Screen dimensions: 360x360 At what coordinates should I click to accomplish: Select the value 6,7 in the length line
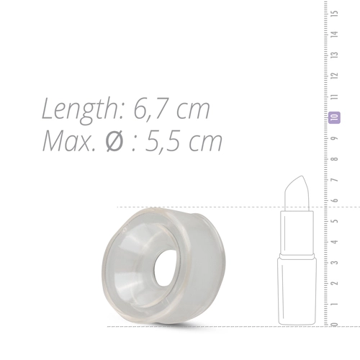click(156, 109)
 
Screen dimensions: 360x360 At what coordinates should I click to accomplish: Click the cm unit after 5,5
click(205, 143)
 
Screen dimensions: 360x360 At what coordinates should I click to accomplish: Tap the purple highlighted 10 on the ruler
click(335, 117)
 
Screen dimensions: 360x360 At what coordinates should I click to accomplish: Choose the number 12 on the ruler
click(335, 76)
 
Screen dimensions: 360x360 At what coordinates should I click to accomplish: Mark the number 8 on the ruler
click(335, 158)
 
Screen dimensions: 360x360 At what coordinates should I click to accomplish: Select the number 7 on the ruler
click(335, 179)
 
